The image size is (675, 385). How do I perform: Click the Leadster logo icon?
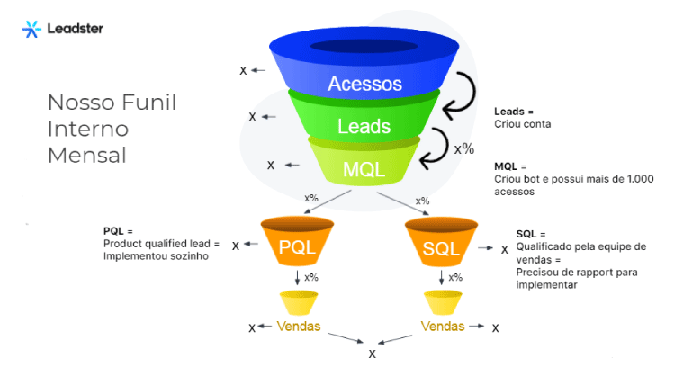coord(31,29)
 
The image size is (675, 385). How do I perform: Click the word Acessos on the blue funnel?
coord(364,84)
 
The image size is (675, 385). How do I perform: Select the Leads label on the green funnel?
coord(364,127)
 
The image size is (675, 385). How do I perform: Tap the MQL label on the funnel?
coord(364,168)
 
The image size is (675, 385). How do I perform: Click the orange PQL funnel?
coord(296,246)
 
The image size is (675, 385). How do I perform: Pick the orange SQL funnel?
coord(440,246)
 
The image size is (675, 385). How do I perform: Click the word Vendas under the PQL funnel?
coord(297,325)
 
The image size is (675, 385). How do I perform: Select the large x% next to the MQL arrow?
coord(463,148)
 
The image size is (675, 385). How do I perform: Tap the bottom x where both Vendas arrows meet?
coord(372,354)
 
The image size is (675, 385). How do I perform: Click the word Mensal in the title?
coord(87,155)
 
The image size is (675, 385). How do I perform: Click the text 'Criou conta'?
coord(523,124)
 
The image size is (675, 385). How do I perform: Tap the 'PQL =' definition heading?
coord(118,232)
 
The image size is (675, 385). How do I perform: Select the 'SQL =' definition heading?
coord(531,233)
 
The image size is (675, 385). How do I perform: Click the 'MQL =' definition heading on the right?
coord(510,166)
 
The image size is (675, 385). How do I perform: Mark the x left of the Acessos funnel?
coord(243,70)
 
